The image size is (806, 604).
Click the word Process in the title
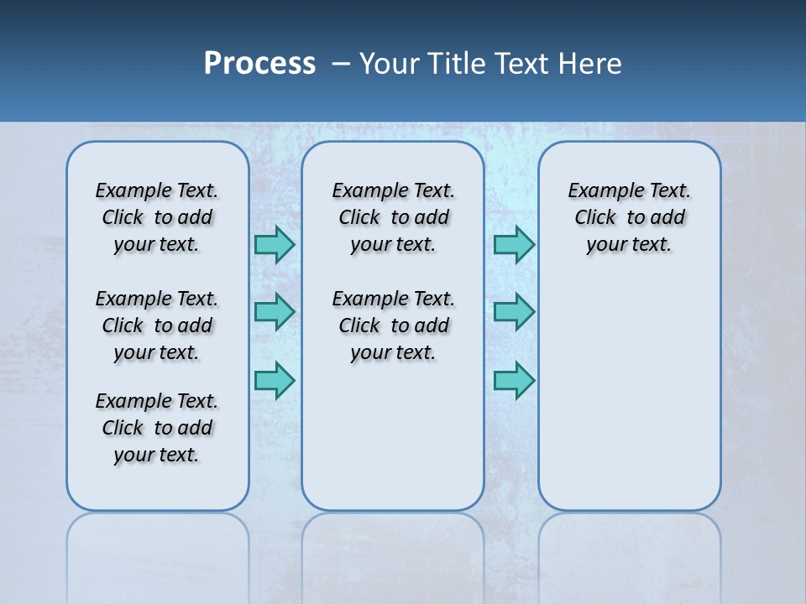(x=259, y=64)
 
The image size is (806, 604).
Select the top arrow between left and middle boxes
(x=274, y=245)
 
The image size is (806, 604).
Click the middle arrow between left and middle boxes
(x=274, y=312)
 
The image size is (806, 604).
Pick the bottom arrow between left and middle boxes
(x=274, y=380)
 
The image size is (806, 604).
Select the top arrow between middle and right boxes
(x=514, y=245)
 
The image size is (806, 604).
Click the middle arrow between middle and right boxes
(x=514, y=312)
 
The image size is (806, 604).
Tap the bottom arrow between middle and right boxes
(x=514, y=380)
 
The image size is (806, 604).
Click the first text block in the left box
(x=157, y=217)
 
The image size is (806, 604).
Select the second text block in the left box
(x=157, y=325)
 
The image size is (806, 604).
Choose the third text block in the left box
(x=157, y=428)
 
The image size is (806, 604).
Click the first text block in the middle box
(x=393, y=217)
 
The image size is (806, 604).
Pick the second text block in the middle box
(x=393, y=325)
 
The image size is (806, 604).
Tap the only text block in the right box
(x=629, y=217)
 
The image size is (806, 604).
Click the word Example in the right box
(x=601, y=191)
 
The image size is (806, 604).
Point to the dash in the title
(x=341, y=64)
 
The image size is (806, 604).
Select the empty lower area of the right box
(x=629, y=394)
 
